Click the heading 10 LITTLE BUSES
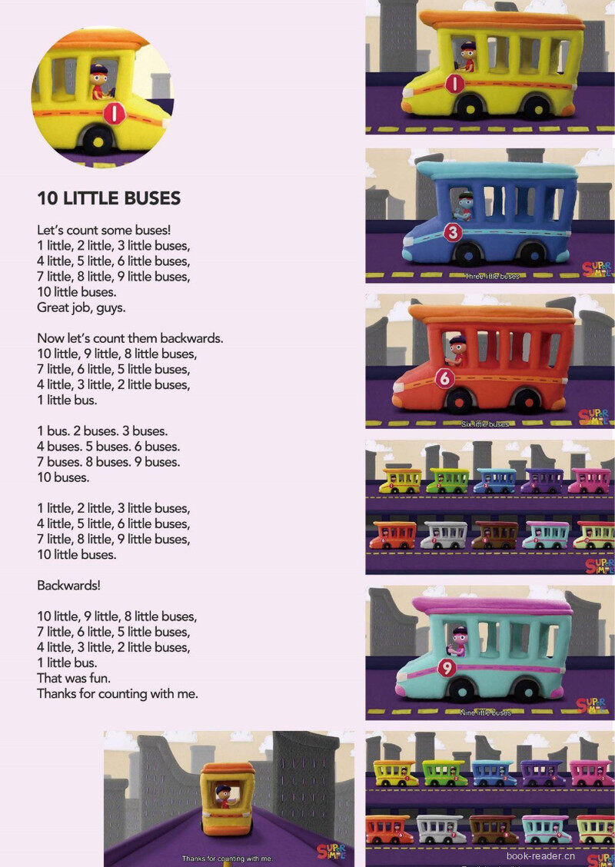click(108, 198)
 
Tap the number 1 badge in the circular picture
click(114, 115)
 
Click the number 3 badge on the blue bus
click(453, 231)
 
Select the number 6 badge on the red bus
click(444, 378)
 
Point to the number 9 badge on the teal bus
click(447, 668)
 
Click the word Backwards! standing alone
click(68, 585)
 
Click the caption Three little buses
click(491, 276)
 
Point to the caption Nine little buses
click(485, 713)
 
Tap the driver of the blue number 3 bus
click(464, 205)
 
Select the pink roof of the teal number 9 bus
click(493, 605)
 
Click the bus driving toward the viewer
click(228, 799)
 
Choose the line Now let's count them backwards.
click(130, 338)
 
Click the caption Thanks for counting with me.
click(227, 858)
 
